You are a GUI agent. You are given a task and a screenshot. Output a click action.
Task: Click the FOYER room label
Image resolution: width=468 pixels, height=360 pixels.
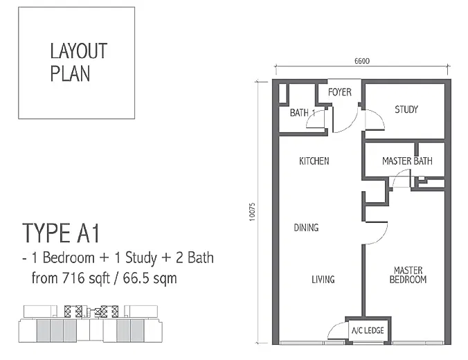pos(340,92)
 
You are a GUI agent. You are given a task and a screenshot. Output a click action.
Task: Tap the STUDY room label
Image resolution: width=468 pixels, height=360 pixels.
pos(406,109)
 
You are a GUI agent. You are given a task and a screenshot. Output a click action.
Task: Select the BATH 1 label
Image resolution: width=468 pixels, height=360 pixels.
pos(303,113)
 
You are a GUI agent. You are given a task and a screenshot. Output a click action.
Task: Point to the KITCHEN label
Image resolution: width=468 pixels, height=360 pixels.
pos(314,161)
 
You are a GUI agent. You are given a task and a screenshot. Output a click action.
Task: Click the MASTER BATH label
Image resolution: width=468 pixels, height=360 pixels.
pos(407,161)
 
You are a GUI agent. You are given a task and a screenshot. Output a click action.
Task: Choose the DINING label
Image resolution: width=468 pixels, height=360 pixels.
pos(306,228)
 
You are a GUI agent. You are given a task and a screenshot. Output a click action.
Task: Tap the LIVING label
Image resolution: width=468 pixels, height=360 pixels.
pos(323,280)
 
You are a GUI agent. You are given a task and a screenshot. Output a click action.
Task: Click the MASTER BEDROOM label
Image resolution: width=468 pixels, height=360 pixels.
pos(408,275)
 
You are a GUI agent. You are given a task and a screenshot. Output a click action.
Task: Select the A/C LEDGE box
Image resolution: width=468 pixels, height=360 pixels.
pos(368,330)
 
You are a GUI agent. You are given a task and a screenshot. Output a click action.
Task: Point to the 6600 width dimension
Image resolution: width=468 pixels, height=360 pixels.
pos(362,61)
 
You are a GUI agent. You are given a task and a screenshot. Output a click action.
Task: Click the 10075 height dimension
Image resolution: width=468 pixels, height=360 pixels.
pos(252,212)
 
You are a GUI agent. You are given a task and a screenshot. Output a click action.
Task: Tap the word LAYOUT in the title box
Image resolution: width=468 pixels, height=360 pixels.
pos(79,51)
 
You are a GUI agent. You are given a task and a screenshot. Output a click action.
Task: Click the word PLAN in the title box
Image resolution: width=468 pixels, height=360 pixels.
pos(70,73)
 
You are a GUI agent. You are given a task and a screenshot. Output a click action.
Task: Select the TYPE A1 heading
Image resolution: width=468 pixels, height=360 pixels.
pos(61,233)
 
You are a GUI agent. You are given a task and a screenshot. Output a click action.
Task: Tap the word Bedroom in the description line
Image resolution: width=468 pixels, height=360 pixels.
pos(69,258)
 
